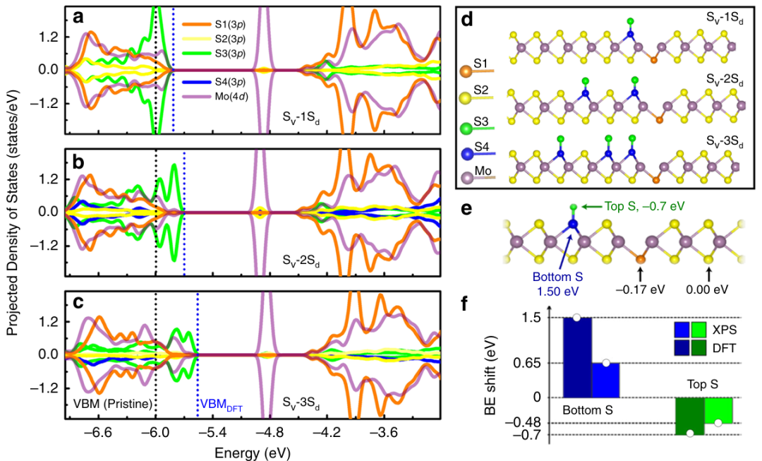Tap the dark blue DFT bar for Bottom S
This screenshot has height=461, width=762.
point(577,357)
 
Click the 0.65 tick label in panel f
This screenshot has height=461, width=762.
point(536,364)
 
